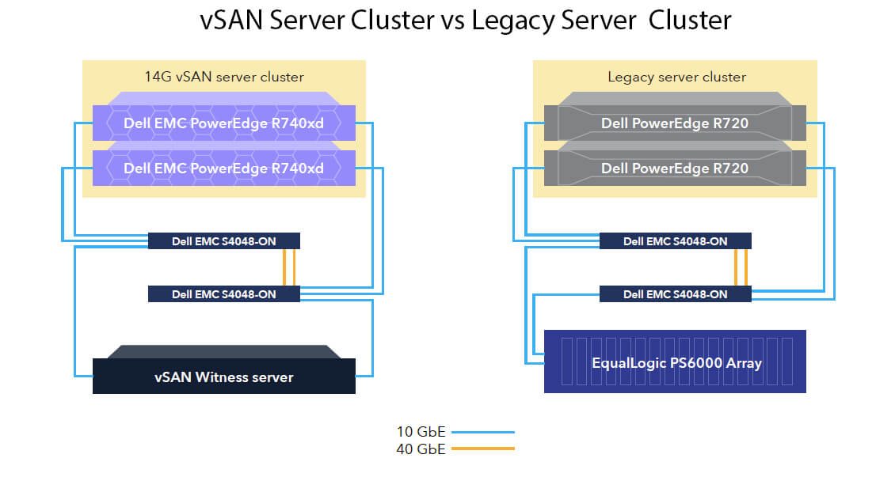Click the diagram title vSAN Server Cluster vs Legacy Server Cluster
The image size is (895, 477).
(465, 21)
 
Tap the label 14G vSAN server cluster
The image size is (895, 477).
(223, 77)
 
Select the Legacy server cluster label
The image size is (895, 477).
(676, 77)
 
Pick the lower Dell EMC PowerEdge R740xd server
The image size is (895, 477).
(223, 165)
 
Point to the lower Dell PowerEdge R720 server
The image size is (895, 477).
(675, 165)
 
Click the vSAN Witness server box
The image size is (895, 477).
(223, 370)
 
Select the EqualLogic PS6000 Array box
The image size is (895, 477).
(675, 362)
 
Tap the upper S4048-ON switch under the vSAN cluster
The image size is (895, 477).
(223, 241)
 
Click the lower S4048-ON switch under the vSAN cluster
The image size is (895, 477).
(223, 294)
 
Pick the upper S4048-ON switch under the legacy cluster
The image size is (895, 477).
(676, 241)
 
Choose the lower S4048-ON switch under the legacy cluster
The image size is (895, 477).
(676, 294)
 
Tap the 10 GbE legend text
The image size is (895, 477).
(421, 432)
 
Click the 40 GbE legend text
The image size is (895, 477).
(421, 449)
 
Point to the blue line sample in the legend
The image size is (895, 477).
(483, 432)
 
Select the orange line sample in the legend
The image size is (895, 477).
(483, 449)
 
